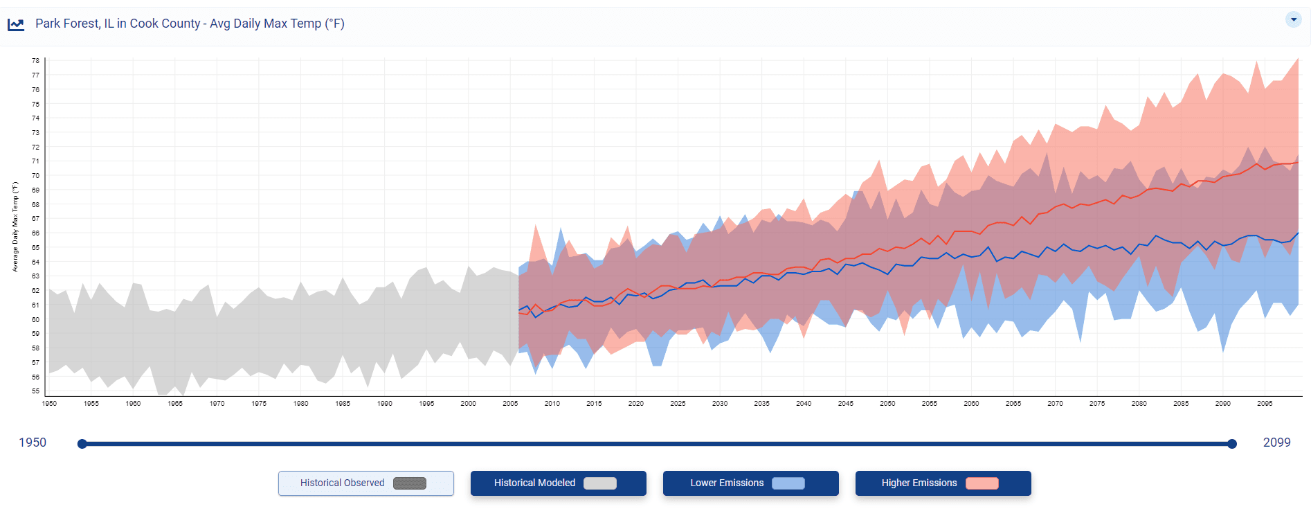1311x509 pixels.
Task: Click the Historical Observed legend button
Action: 365,483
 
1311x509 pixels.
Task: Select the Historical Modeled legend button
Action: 558,483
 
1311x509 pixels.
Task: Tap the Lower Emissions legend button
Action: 750,483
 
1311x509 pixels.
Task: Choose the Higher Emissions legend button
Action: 943,483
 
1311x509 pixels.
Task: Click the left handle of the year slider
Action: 82,444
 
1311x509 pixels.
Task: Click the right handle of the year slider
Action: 1232,444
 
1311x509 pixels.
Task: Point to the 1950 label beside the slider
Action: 33,443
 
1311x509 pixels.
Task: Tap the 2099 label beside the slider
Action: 1276,443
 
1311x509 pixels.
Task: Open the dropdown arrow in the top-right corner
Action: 1293,19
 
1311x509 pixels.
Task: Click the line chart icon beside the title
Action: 16,25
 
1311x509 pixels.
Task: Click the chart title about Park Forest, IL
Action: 190,24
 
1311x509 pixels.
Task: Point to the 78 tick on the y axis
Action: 35,61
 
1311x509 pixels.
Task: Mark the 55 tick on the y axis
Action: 35,391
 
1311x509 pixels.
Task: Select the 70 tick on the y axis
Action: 35,176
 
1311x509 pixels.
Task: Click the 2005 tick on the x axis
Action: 510,403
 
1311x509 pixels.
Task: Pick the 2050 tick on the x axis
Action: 887,403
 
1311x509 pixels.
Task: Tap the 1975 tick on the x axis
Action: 259,403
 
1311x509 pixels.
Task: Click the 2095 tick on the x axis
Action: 1265,403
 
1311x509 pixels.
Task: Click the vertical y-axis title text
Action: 15,227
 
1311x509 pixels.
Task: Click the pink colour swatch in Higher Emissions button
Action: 982,483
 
